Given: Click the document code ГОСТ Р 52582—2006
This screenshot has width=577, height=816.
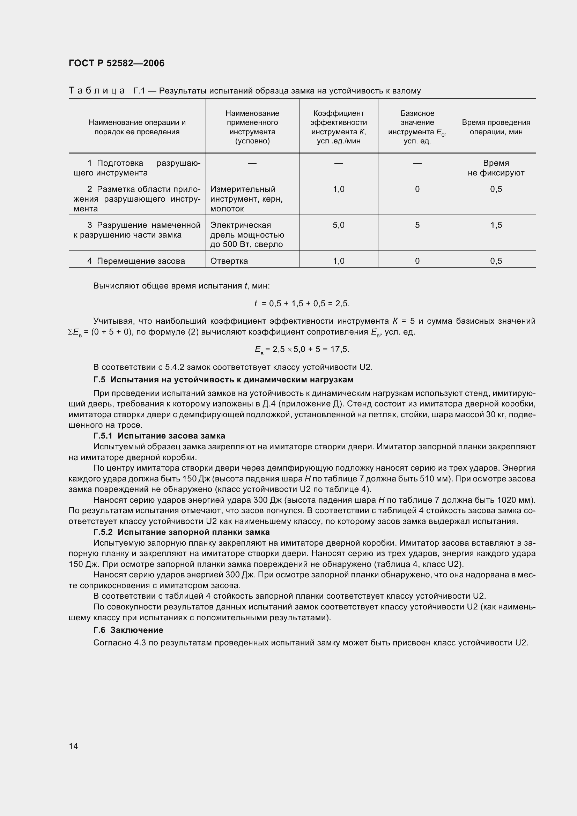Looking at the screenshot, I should click(116, 63).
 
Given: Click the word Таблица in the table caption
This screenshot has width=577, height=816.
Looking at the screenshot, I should click(96, 91).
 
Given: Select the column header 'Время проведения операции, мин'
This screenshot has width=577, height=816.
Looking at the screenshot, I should click(496, 127).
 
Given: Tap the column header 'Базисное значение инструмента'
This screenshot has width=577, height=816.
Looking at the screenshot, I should click(417, 127).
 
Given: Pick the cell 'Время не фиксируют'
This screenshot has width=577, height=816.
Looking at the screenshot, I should click(496, 168).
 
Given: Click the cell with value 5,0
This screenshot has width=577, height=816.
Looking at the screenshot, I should click(338, 225).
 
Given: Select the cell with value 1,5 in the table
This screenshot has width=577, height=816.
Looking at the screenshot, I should click(496, 225).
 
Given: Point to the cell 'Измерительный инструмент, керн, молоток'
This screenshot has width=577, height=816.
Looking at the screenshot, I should click(246, 199).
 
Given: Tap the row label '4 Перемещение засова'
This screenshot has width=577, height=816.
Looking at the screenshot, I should click(136, 261).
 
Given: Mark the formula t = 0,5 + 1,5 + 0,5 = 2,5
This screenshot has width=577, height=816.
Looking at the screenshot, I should click(302, 304).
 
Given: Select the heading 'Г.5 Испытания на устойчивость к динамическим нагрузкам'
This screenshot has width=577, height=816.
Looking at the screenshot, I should click(223, 380).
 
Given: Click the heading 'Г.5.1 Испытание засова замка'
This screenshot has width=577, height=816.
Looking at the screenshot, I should click(159, 436).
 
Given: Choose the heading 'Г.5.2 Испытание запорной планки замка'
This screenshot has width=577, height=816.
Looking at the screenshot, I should click(181, 532).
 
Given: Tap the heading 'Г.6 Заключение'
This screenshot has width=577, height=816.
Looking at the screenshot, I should click(128, 630).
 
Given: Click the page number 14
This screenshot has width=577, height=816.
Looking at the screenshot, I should click(73, 746).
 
